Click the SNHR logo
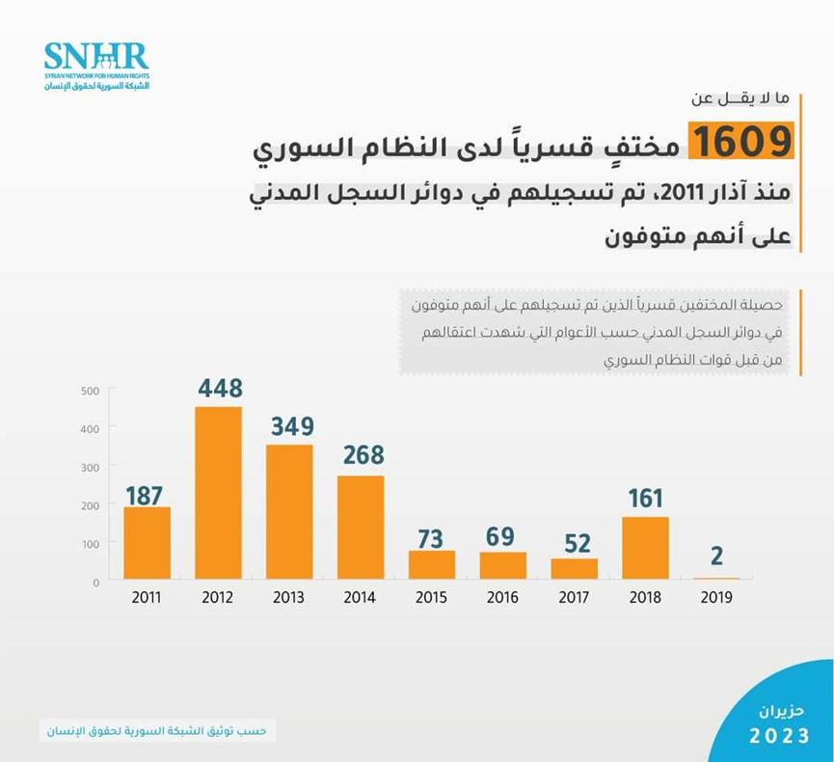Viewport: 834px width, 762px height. click(96, 66)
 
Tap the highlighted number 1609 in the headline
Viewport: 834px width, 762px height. click(741, 142)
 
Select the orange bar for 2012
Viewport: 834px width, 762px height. click(218, 493)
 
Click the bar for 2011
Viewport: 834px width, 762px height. click(147, 543)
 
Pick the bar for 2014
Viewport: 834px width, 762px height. click(361, 528)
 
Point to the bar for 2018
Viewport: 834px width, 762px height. click(645, 548)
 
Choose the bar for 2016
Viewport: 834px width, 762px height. click(503, 565)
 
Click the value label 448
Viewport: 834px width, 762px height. click(220, 388)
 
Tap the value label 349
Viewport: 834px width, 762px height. click(291, 425)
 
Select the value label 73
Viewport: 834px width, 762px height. click(432, 536)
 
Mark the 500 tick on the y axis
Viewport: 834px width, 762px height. click(91, 391)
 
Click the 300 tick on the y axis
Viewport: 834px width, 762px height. click(91, 467)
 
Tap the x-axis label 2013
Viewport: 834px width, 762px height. click(288, 598)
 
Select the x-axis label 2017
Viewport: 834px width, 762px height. click(574, 598)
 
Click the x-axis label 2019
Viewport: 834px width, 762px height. click(715, 598)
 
